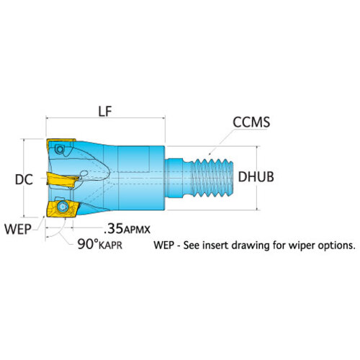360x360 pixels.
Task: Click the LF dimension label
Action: pyautogui.click(x=105, y=112)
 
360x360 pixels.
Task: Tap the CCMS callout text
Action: pyautogui.click(x=251, y=122)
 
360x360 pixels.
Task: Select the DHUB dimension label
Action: pyautogui.click(x=256, y=177)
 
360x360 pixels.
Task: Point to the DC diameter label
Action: pyautogui.click(x=24, y=179)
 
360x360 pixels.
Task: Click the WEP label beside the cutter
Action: pyautogui.click(x=18, y=229)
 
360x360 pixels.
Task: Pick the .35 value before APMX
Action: pyautogui.click(x=114, y=229)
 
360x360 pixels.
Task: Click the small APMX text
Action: pyautogui.click(x=137, y=230)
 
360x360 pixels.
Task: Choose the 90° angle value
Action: pyautogui.click(x=88, y=244)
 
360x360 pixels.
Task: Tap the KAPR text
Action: pyautogui.click(x=111, y=246)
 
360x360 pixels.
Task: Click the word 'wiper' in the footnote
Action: pyautogui.click(x=302, y=246)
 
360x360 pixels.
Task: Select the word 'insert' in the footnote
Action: pyautogui.click(x=212, y=246)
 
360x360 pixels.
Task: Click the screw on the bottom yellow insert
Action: pyautogui.click(x=63, y=207)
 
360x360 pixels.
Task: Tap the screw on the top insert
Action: pyautogui.click(x=59, y=150)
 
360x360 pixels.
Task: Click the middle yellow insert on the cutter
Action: pyautogui.click(x=62, y=179)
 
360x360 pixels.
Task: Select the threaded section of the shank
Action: pyautogui.click(x=212, y=178)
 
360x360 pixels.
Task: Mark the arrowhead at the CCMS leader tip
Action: pyautogui.click(x=210, y=153)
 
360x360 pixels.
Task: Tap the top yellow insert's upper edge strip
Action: pyautogui.click(x=61, y=140)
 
